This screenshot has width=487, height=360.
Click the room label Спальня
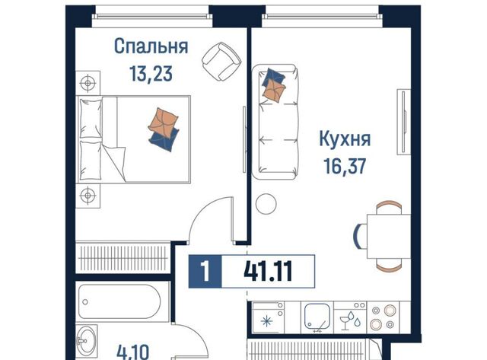[151, 47]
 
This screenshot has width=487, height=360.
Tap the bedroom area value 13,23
[151, 74]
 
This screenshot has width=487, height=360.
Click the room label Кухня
[345, 139]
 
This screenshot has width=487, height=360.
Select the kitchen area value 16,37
[345, 166]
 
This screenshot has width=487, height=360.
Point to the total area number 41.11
[268, 271]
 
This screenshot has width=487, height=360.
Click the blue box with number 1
[205, 271]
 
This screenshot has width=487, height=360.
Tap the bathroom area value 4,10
[133, 352]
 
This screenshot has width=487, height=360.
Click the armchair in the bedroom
[221, 61]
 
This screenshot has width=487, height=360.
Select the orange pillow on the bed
[163, 123]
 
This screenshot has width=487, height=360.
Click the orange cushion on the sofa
[274, 90]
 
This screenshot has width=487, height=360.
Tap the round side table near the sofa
[266, 203]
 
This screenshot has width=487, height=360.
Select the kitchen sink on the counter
[317, 317]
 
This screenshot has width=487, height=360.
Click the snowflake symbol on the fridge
[267, 321]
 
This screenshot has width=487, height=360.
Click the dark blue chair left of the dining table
[358, 236]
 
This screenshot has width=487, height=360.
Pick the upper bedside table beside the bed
[88, 83]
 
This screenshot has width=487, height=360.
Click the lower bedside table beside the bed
[88, 196]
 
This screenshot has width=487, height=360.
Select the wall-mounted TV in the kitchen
[403, 122]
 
